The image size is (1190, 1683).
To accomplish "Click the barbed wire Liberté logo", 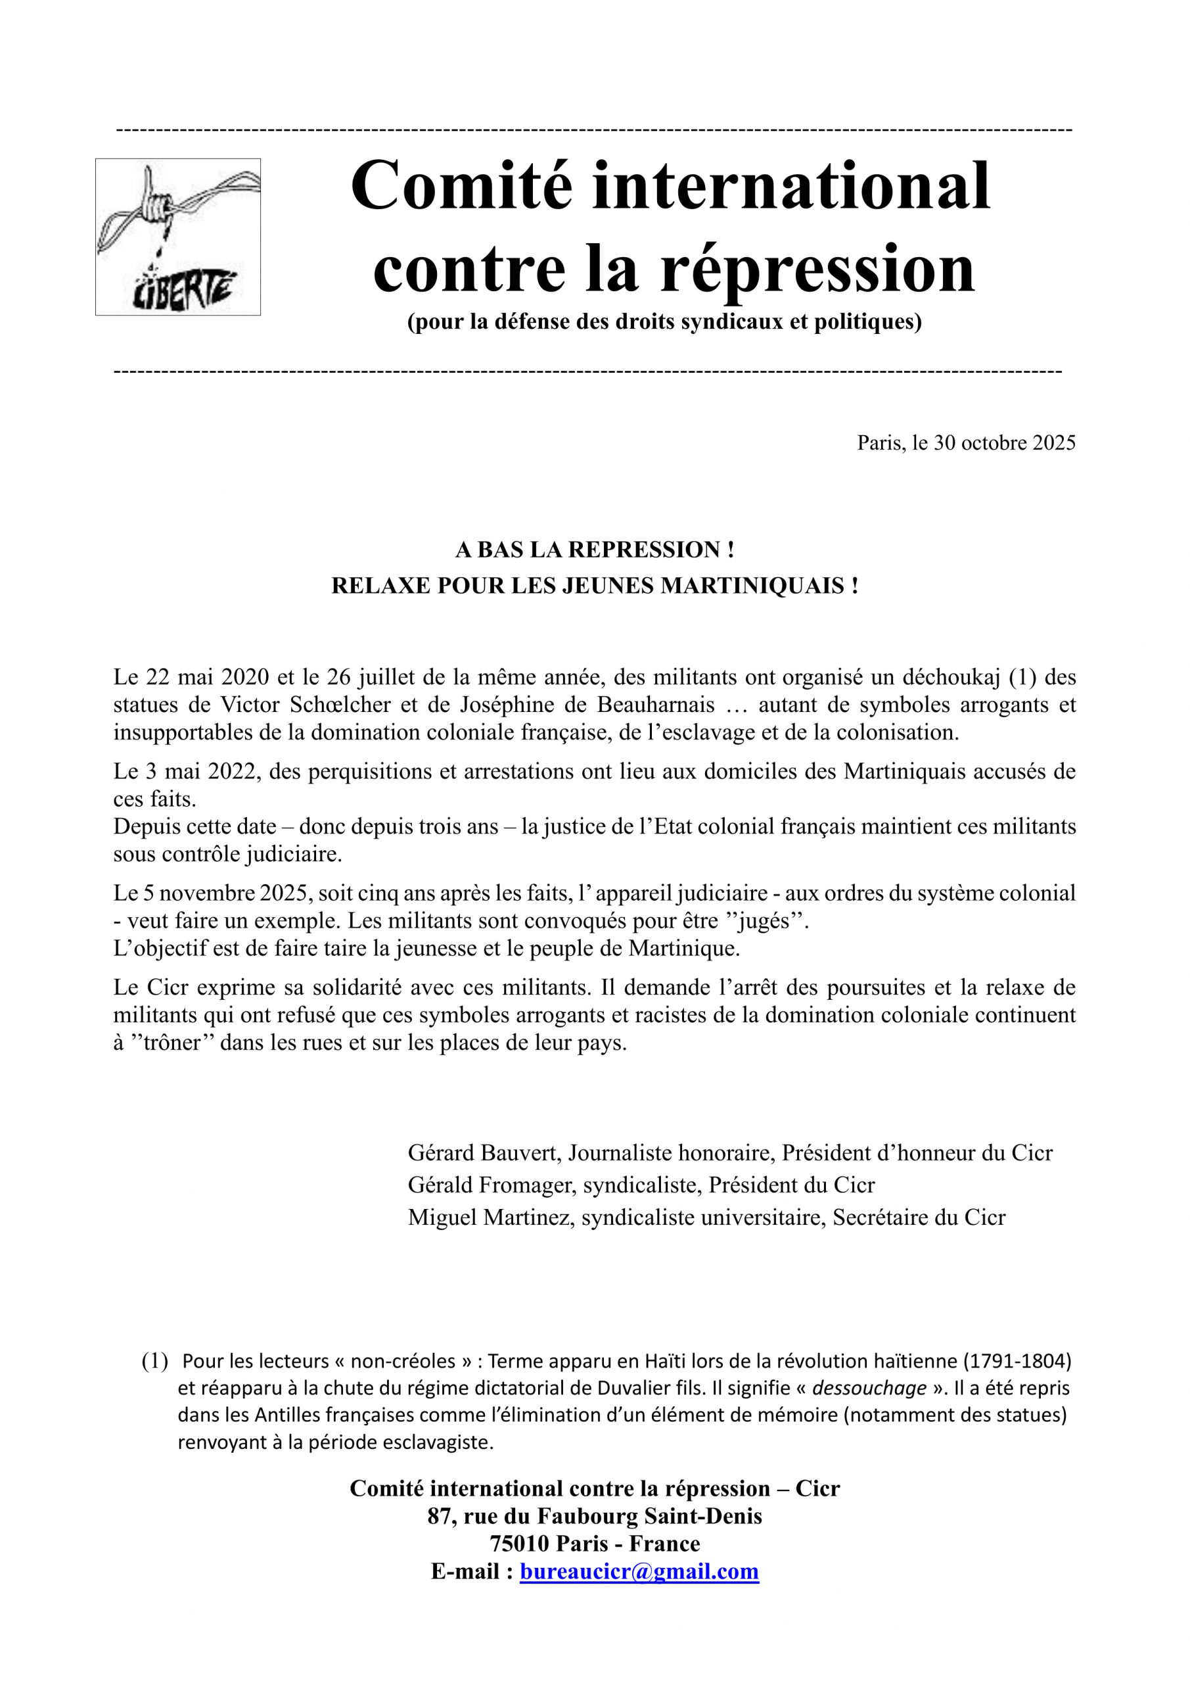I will point(178,237).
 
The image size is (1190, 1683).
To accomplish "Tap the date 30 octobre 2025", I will point(1004,442).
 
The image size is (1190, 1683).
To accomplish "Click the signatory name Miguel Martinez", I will point(490,1218).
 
